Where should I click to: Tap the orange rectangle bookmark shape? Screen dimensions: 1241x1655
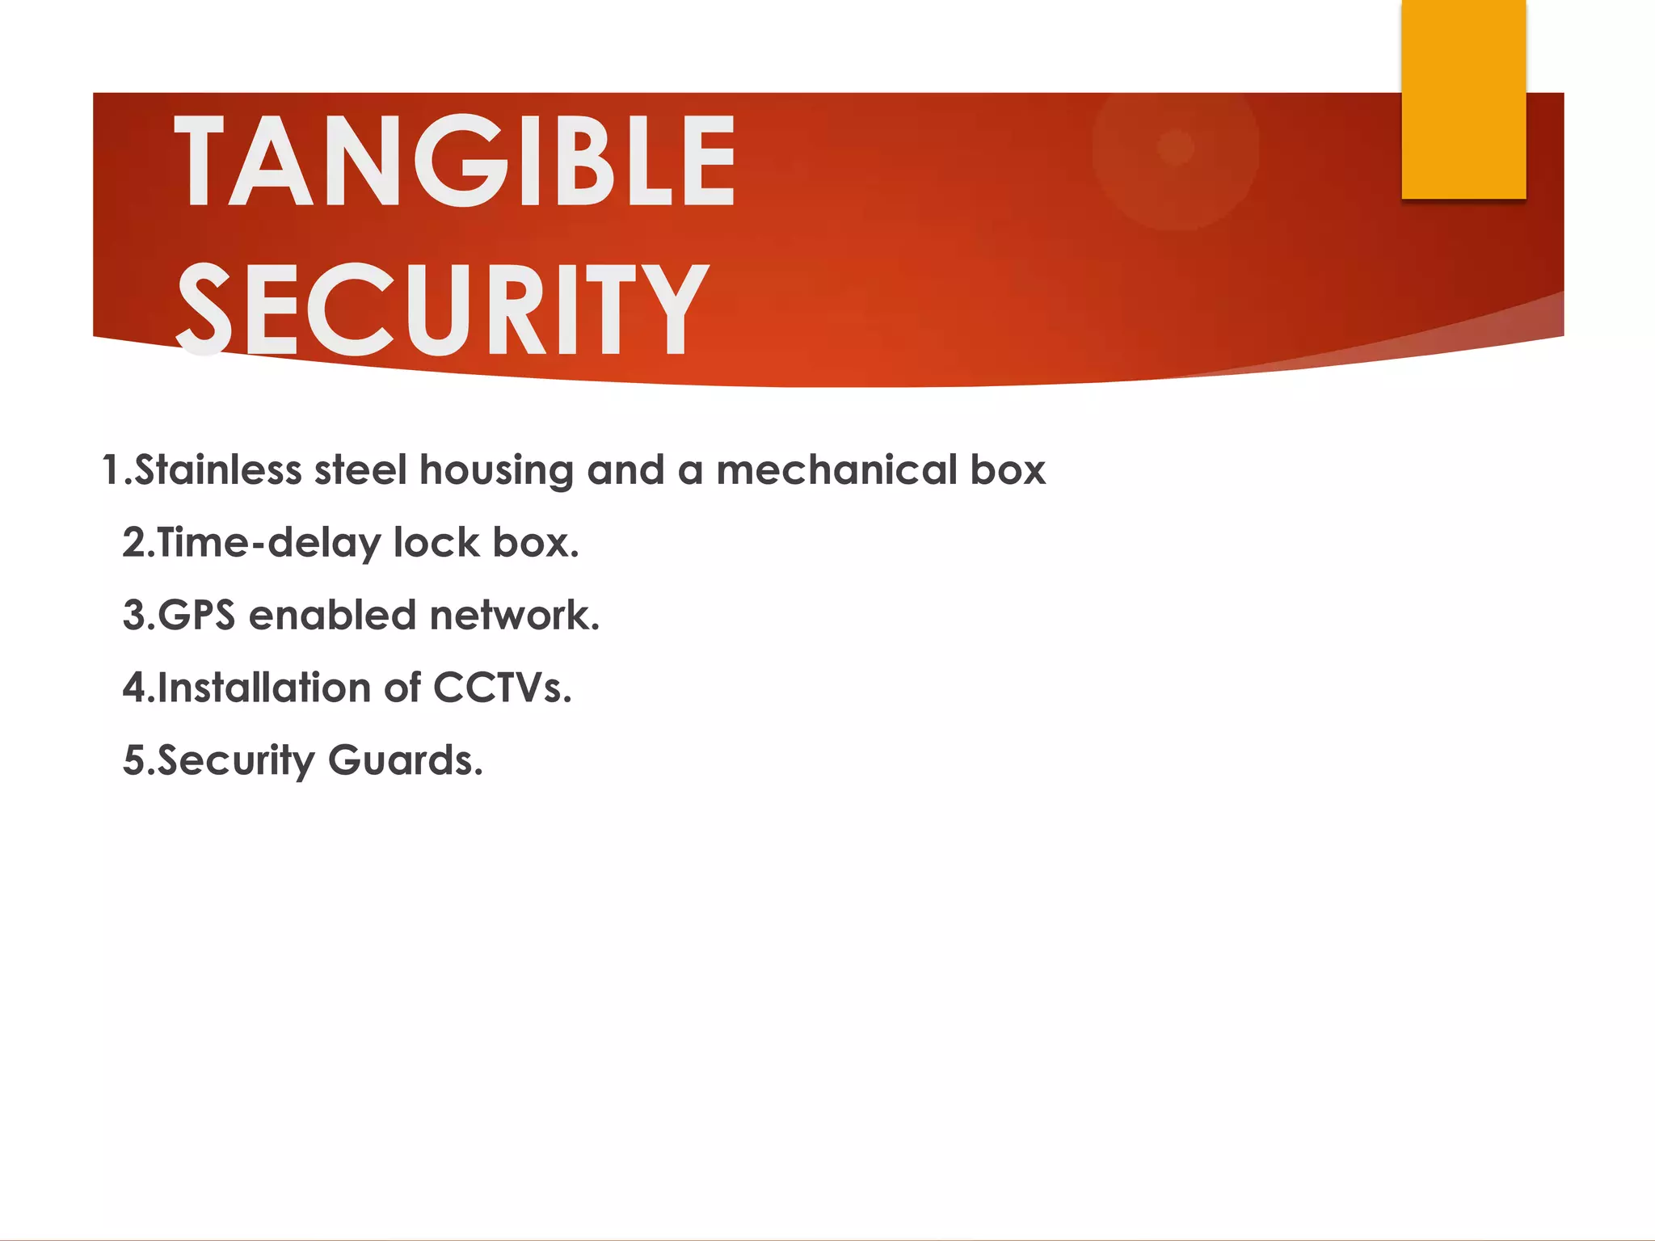(1463, 99)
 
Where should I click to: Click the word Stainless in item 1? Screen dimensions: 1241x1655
(218, 470)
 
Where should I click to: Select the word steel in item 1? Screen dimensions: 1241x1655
(360, 470)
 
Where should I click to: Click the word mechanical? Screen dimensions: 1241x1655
(836, 470)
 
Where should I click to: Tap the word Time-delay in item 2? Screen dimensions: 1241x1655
(268, 543)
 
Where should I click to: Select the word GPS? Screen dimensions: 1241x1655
(196, 616)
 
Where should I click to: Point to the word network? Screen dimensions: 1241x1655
(514, 616)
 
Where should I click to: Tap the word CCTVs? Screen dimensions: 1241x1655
(502, 688)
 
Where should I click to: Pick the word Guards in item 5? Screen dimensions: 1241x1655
(405, 761)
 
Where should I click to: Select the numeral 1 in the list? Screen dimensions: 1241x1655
(112, 470)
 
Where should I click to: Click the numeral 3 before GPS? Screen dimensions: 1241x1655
(133, 616)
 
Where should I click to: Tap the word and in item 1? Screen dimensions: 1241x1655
(625, 470)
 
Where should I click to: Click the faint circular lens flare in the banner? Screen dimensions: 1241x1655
(1176, 148)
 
